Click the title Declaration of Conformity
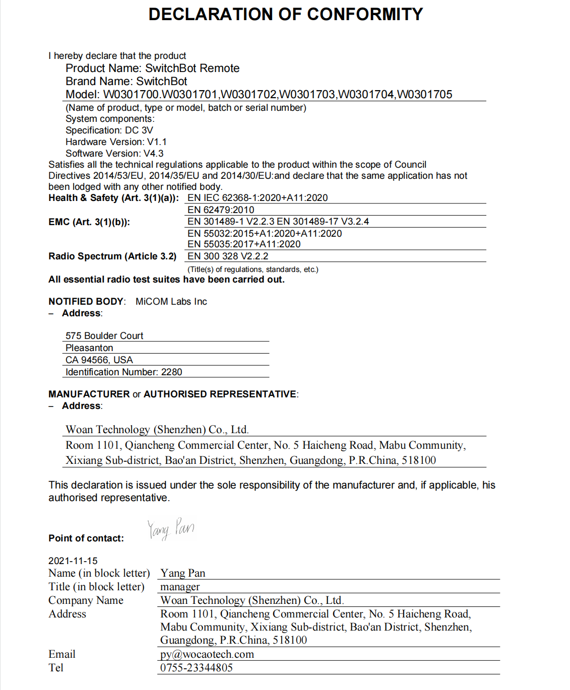click(285, 15)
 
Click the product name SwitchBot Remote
click(192, 68)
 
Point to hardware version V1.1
click(157, 142)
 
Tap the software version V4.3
click(154, 154)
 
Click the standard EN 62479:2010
click(221, 210)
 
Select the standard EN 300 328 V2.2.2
click(228, 256)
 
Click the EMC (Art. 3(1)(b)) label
click(89, 222)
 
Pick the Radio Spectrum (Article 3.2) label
click(112, 256)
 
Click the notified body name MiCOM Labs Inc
click(171, 302)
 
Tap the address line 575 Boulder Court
click(104, 336)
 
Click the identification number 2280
click(172, 372)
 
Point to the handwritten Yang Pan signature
click(171, 529)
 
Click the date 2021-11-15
click(73, 561)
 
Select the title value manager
click(180, 587)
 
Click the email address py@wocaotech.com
click(207, 654)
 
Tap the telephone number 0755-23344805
click(197, 668)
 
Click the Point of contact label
click(86, 538)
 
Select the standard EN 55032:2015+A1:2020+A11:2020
click(265, 234)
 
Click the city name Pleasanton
click(89, 348)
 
